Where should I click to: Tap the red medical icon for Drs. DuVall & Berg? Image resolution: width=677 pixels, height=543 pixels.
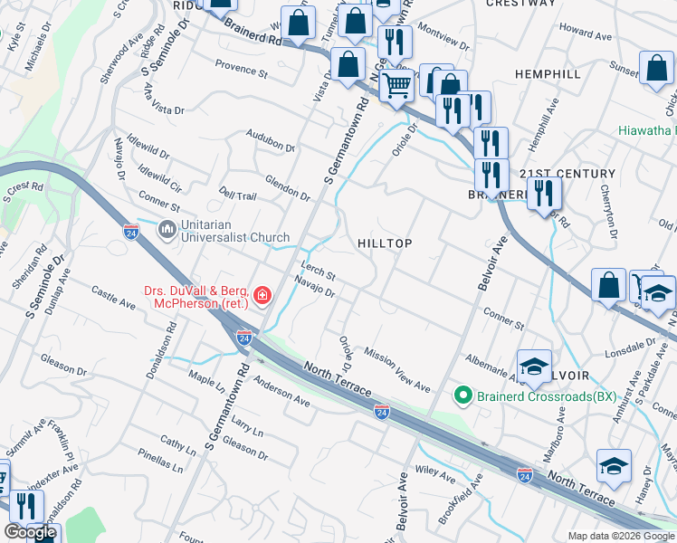coord(262,294)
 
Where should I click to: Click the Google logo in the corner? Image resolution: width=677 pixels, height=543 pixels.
coord(30,532)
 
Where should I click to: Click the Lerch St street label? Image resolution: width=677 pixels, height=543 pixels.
coord(319,271)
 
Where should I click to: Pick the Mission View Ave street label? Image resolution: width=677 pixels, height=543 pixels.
coord(396,367)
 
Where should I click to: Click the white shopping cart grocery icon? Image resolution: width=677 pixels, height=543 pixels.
coord(396,86)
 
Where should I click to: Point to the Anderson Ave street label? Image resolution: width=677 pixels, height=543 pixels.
coord(281,391)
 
